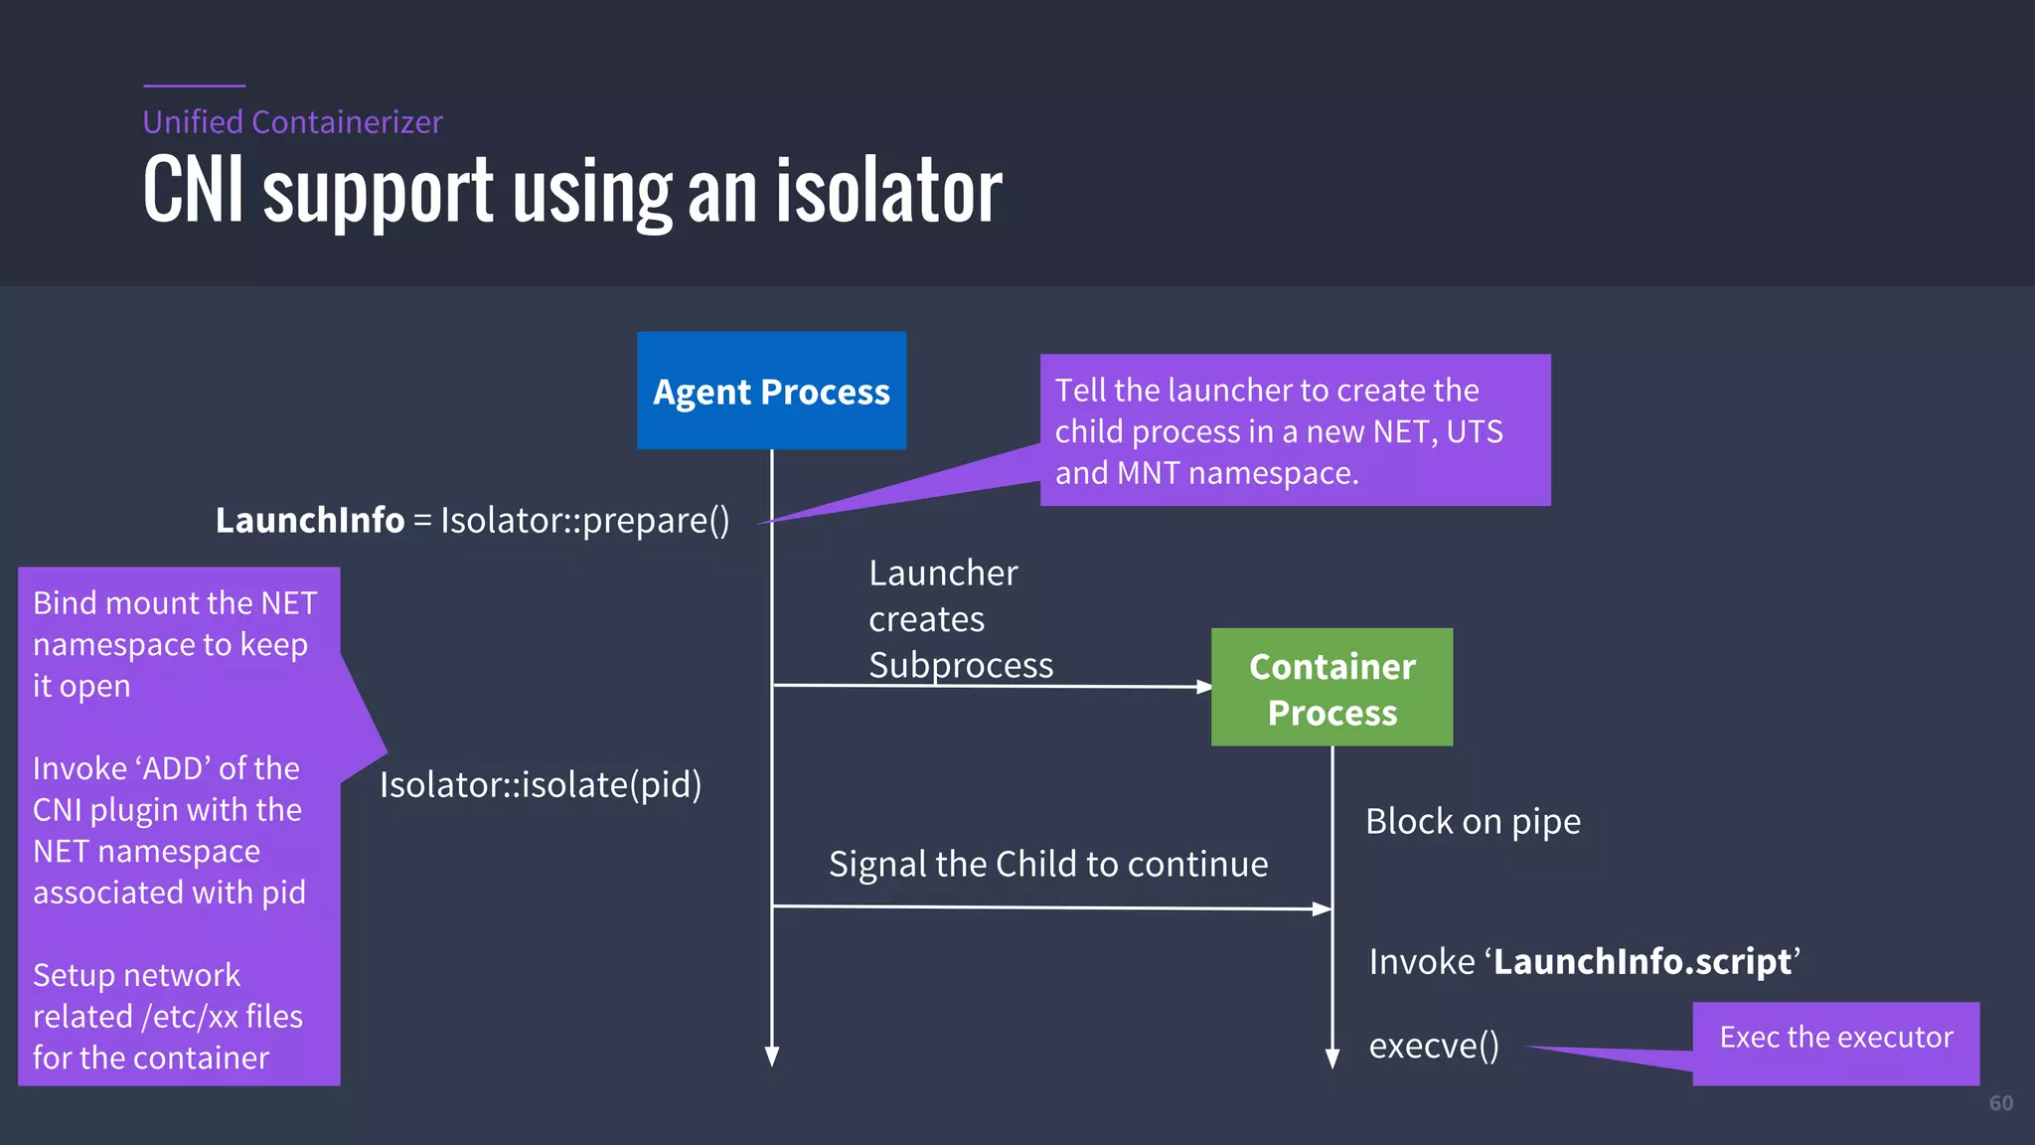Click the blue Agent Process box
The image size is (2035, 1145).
tap(771, 391)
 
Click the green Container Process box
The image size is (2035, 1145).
tap(1331, 688)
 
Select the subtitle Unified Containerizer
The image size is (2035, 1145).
tap(292, 122)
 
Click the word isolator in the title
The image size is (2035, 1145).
tap(888, 192)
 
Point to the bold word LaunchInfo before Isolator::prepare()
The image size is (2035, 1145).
tap(310, 520)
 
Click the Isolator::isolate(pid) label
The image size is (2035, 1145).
tap(541, 785)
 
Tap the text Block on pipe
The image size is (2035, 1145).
tap(1473, 822)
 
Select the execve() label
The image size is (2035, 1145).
tap(1433, 1046)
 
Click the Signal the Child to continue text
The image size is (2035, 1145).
tap(1048, 865)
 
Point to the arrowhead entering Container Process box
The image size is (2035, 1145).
tap(1203, 687)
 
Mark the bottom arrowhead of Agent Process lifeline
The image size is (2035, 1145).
tap(772, 1057)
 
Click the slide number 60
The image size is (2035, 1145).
tap(2000, 1103)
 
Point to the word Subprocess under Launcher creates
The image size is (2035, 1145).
tap(961, 665)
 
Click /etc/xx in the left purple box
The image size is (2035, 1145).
tap(190, 1017)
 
